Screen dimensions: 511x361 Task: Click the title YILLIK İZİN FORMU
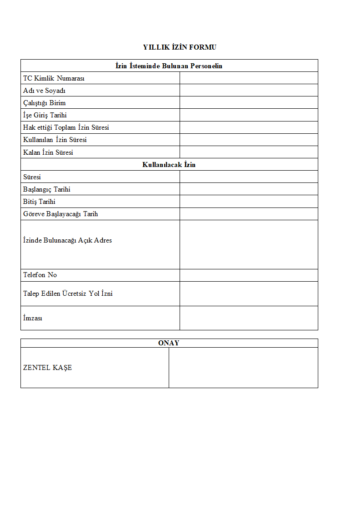coord(180,47)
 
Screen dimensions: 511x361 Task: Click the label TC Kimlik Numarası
coord(54,78)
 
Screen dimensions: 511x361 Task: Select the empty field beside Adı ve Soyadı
coord(248,90)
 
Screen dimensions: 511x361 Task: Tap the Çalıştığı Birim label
coord(45,103)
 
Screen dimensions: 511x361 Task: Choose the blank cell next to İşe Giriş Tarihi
coord(248,115)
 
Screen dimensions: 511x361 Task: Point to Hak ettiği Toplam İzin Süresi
coord(66,127)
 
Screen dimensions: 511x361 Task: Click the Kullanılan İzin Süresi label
coord(55,140)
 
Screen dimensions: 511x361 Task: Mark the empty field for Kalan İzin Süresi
coord(248,152)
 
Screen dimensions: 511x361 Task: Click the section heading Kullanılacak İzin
coord(169,165)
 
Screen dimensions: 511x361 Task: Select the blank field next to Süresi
coord(248,177)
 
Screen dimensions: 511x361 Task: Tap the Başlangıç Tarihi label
coord(47,189)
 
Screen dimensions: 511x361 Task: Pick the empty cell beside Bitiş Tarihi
coord(248,202)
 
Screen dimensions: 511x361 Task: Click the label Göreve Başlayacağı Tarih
coord(60,214)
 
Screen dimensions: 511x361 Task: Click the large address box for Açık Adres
coord(248,245)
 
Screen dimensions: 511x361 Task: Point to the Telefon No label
coord(40,275)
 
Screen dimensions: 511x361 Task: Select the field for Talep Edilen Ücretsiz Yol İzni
coord(248,293)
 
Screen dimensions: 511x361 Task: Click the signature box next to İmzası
coord(248,318)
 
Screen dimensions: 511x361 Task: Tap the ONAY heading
coord(169,343)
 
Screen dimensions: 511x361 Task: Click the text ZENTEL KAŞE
coord(48,368)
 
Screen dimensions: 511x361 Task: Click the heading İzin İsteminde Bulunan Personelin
coord(169,66)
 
